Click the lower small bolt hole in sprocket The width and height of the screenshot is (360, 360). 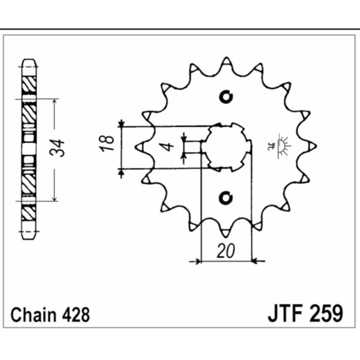(226, 198)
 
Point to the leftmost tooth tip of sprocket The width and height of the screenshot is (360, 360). (139, 147)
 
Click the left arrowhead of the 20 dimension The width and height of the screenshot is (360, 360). (197, 261)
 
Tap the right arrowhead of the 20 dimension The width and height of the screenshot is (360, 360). (255, 260)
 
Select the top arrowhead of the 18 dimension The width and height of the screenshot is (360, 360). (122, 123)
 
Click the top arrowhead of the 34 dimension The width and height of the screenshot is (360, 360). (55, 102)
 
